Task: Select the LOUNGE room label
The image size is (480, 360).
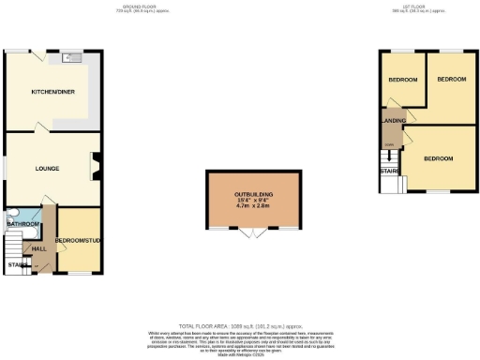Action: point(48,169)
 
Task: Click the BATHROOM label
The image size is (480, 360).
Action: point(22,225)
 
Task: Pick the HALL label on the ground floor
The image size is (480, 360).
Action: point(38,248)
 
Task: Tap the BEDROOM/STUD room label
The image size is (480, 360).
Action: point(78,242)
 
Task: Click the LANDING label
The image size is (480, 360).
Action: point(392,120)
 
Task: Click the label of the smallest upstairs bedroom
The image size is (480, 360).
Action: point(404,80)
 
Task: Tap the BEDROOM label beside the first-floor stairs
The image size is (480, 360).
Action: point(437,159)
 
